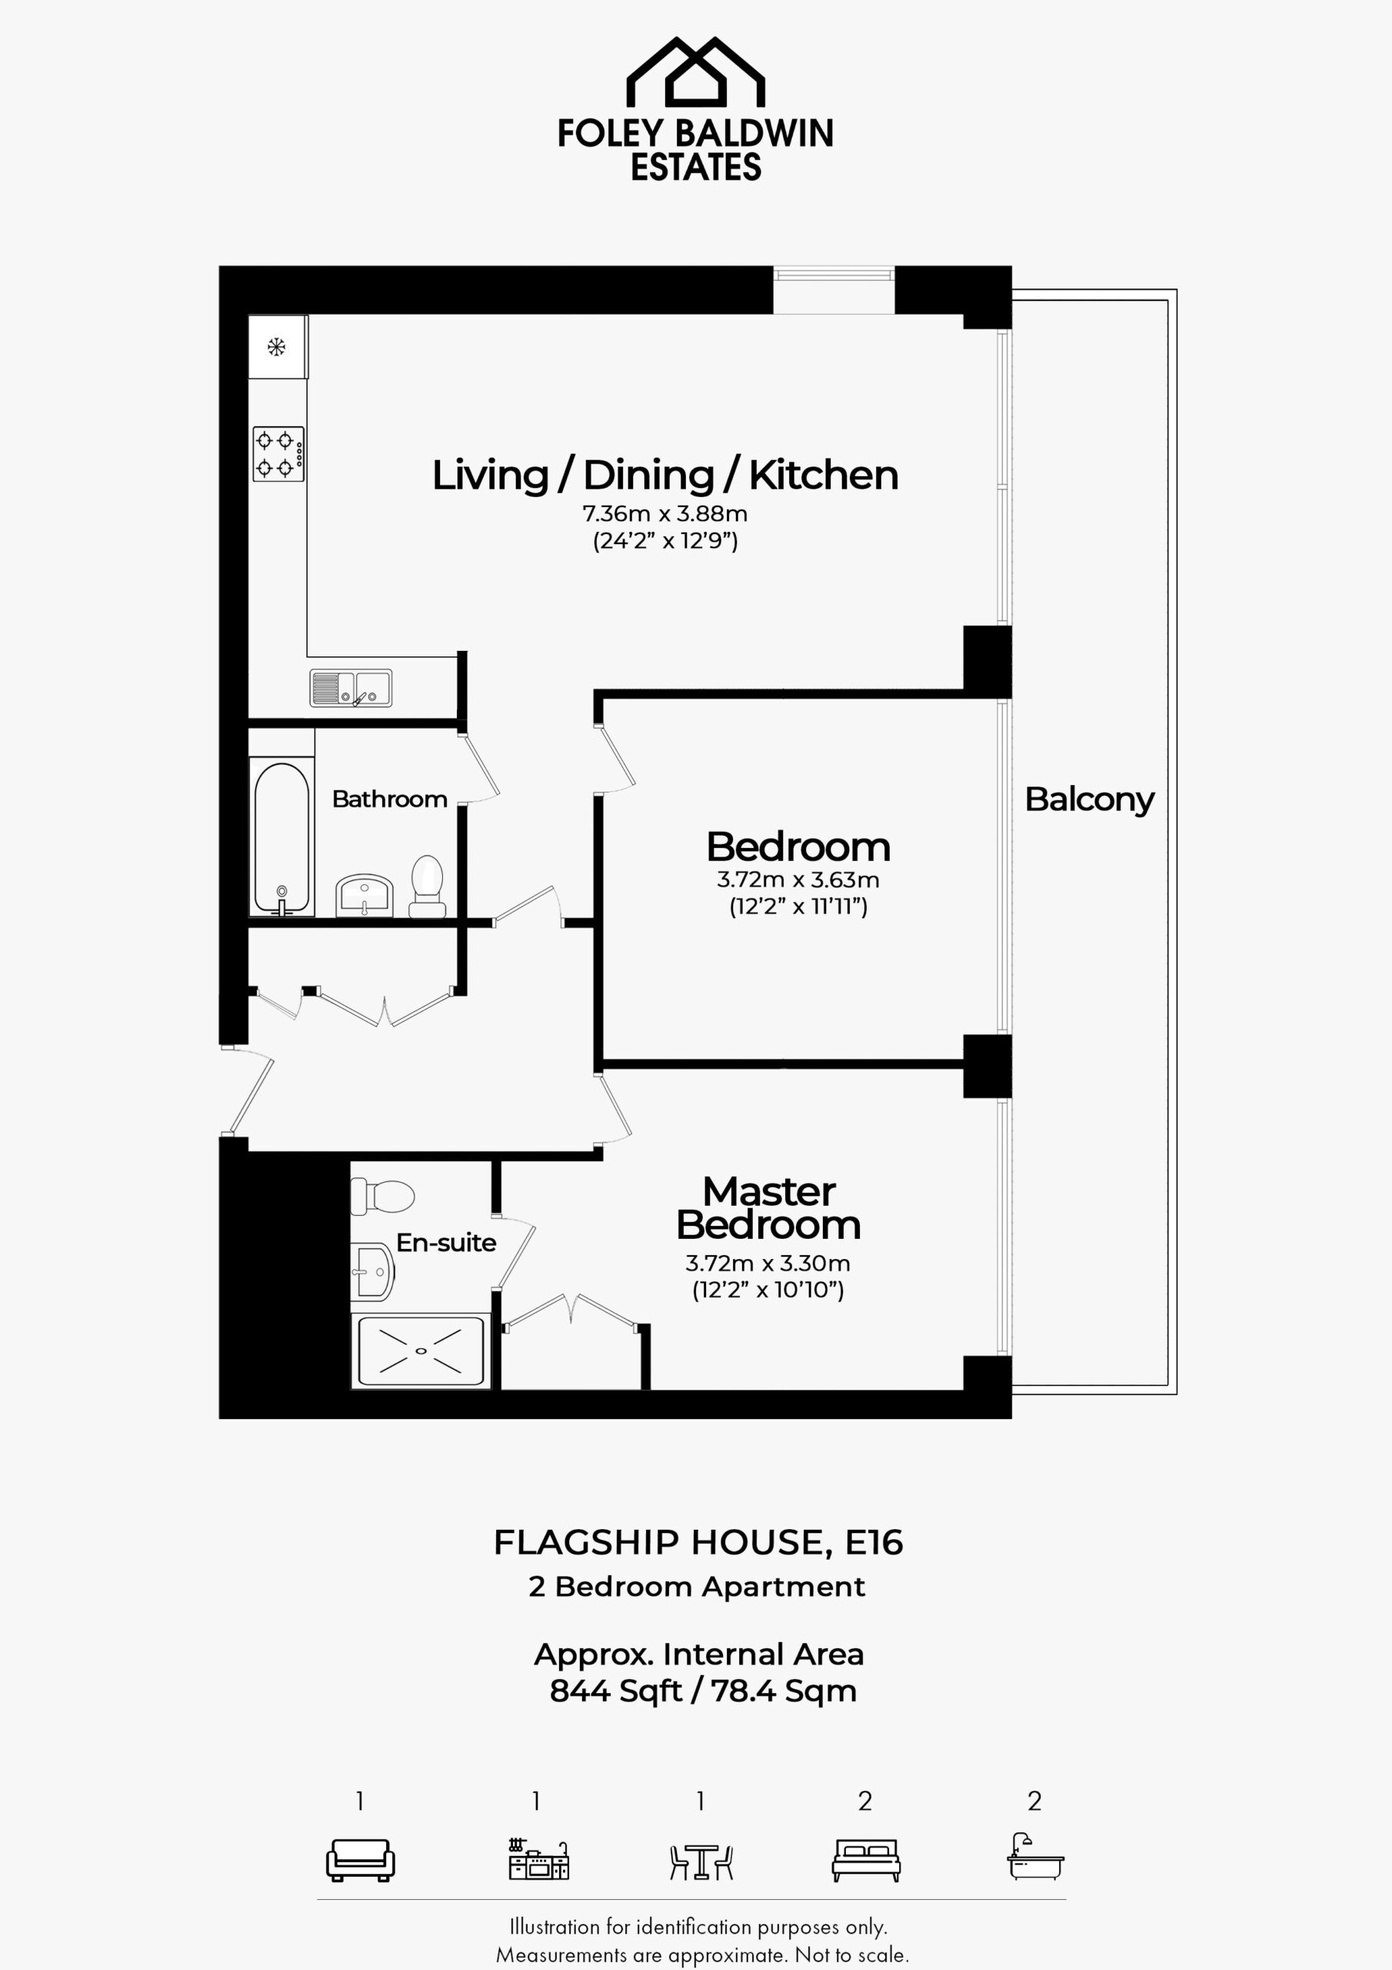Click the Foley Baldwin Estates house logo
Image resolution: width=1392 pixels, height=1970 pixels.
695,72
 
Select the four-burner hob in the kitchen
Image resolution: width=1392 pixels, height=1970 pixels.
278,454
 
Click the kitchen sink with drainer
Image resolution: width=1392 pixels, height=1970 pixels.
351,688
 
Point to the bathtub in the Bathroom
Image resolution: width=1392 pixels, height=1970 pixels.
281,837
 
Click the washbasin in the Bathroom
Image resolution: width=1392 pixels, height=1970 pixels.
364,895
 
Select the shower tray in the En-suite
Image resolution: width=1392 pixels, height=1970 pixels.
420,1351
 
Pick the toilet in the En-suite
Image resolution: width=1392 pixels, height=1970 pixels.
382,1195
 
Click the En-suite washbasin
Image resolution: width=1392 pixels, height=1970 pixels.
372,1271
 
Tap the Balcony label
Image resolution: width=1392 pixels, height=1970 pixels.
1090,800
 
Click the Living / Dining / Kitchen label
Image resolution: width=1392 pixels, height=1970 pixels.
664,476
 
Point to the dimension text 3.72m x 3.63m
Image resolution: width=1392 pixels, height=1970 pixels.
798,880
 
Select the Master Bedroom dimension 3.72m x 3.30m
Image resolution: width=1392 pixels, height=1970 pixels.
768,1263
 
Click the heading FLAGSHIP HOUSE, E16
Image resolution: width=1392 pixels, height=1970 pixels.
698,1543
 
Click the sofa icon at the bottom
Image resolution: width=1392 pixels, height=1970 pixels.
360,1860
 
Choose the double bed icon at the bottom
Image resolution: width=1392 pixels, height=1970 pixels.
866,1860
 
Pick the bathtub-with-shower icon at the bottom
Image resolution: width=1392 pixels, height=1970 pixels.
1035,1857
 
